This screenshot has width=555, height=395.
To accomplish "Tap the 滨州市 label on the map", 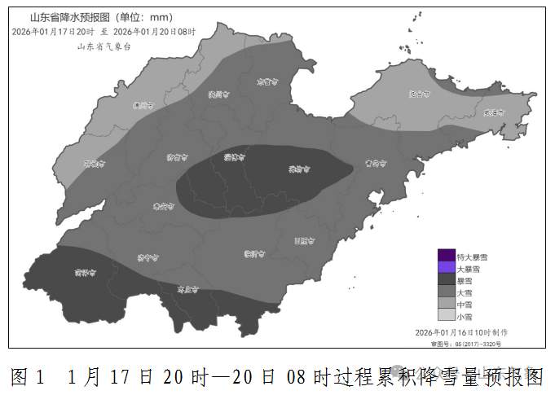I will click(x=216, y=95).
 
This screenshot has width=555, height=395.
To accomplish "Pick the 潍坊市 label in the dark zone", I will click(x=299, y=169).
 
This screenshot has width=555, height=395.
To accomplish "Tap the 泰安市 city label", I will click(x=163, y=208).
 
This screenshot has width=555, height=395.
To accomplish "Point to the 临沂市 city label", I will click(x=255, y=254).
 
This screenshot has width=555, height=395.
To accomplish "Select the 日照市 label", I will click(x=304, y=240).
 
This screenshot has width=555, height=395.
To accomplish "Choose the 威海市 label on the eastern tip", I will click(x=494, y=113).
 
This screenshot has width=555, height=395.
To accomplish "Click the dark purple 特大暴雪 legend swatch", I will click(x=446, y=255).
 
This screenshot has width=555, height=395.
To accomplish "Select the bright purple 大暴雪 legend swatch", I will click(x=446, y=267).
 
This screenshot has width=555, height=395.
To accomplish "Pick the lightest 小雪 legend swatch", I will click(x=446, y=315).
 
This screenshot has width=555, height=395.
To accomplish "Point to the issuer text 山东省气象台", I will click(x=104, y=46).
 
